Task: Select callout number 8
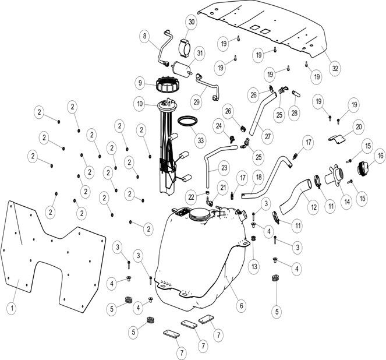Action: click(x=144, y=36)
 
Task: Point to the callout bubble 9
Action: click(x=140, y=82)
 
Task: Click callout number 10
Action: click(x=140, y=105)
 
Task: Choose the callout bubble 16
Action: click(x=379, y=156)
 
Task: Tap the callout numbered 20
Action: click(x=359, y=126)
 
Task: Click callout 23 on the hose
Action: click(x=224, y=169)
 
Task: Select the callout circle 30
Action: click(x=191, y=23)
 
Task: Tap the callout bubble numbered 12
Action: click(x=313, y=206)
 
